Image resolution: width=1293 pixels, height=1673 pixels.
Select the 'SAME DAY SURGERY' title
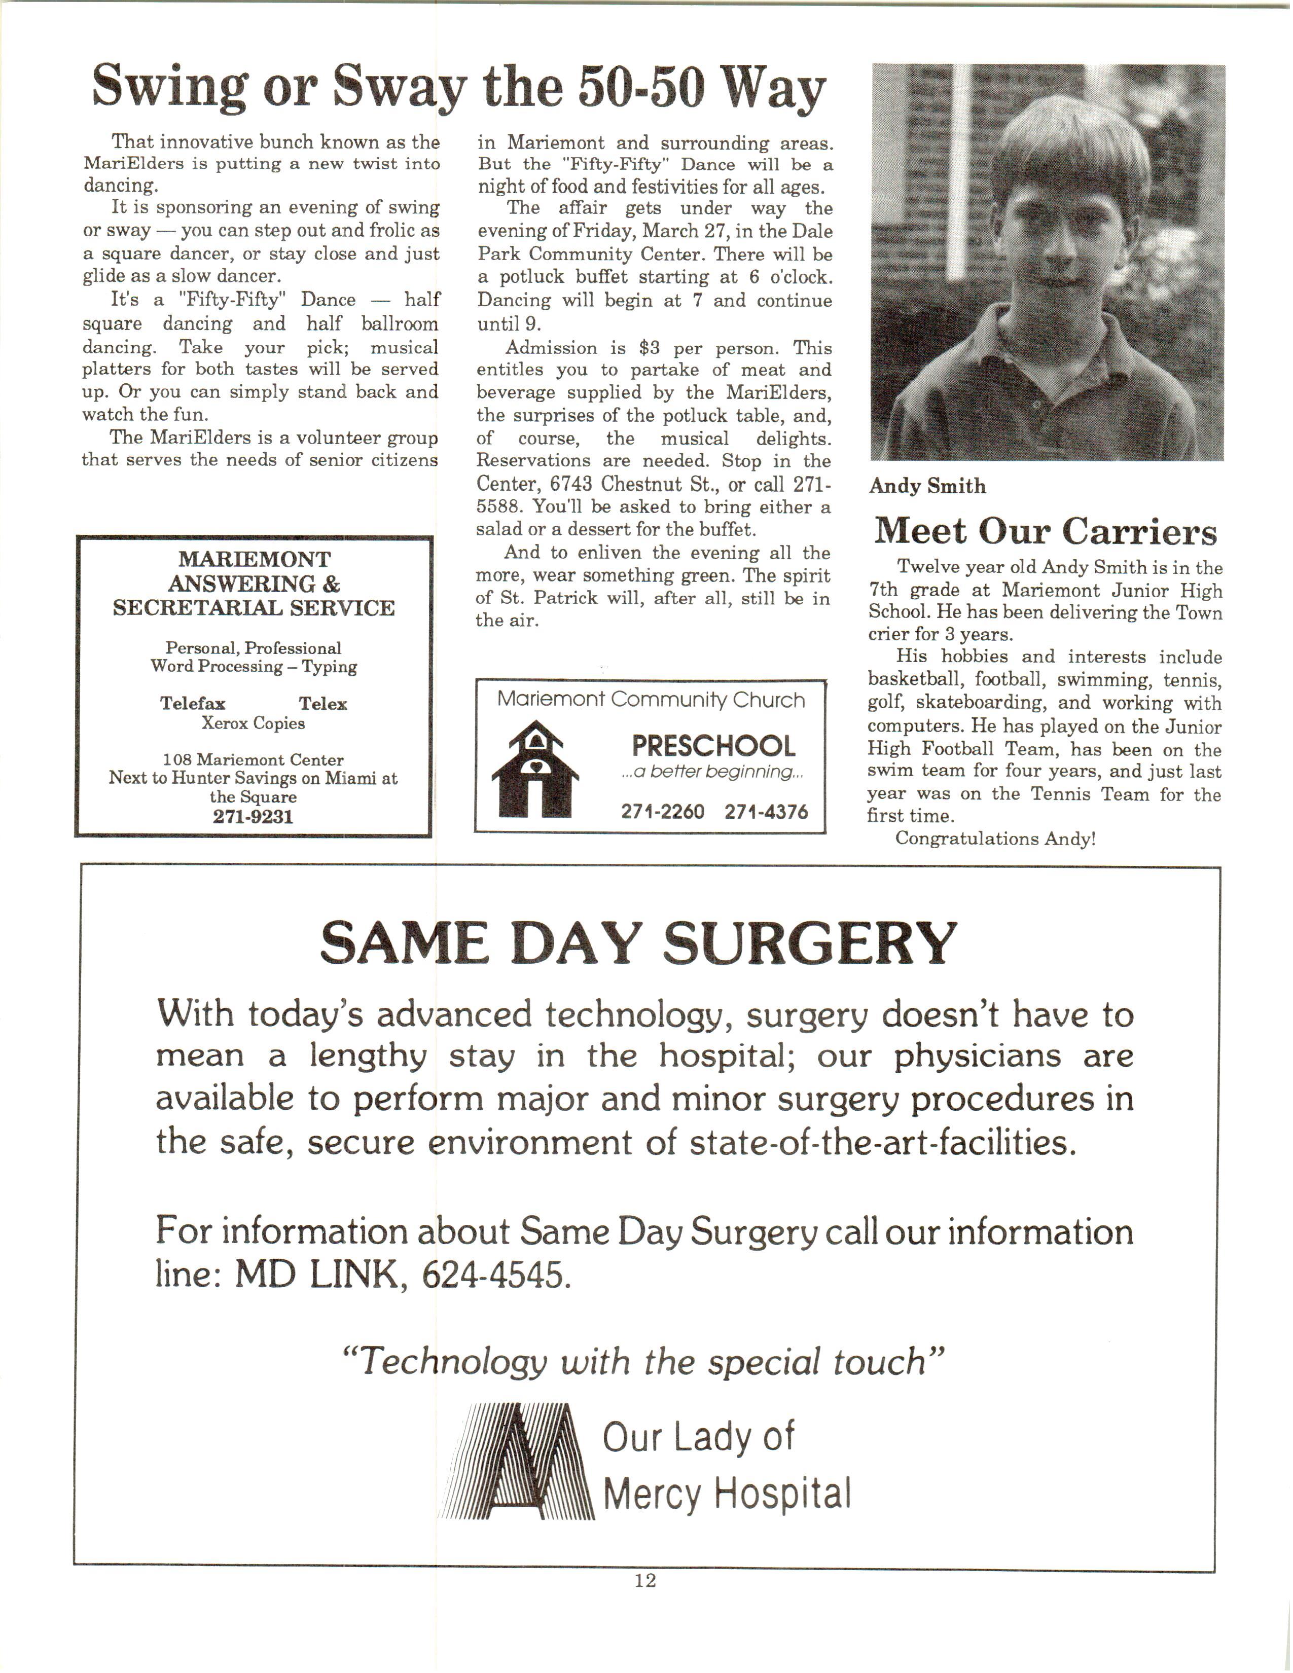coord(637,944)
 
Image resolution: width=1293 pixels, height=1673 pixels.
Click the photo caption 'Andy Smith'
coord(927,486)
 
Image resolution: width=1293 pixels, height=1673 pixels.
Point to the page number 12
coord(645,1581)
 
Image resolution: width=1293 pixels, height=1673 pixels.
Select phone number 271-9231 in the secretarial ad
coord(253,817)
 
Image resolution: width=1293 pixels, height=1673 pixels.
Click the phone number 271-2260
coord(663,811)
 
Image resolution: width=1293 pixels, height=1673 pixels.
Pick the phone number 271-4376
coord(766,811)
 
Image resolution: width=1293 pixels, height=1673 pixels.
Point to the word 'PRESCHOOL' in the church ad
coord(713,745)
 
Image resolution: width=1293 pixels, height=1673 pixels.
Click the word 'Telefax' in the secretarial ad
coord(192,703)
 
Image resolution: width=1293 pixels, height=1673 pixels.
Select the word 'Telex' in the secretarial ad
coord(322,703)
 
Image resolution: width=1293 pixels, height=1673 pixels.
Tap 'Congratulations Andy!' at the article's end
coord(995,839)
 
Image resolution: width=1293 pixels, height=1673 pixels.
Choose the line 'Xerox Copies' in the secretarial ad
coord(253,723)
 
